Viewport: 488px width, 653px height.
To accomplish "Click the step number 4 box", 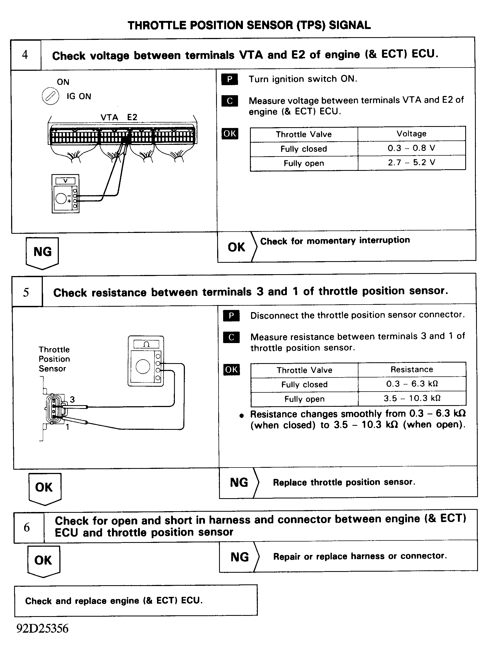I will (x=25, y=55).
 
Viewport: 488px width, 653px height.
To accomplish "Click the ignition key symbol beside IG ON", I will (x=50, y=96).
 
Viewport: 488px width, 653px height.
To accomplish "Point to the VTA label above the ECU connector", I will (x=109, y=117).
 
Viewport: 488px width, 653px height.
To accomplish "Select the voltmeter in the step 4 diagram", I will (x=65, y=194).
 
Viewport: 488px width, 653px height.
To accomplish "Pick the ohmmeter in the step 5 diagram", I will (x=146, y=361).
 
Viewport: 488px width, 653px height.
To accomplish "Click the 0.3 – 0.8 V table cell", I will (x=411, y=148).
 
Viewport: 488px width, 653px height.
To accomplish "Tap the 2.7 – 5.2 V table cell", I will (x=411, y=163).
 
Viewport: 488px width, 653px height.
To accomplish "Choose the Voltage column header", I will (x=411, y=134).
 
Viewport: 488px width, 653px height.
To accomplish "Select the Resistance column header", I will (x=412, y=370).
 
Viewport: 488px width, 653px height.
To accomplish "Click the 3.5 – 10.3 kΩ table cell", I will (x=412, y=399).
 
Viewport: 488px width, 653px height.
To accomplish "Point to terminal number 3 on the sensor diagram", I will (x=72, y=400).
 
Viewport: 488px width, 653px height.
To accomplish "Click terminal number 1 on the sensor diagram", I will (x=68, y=427).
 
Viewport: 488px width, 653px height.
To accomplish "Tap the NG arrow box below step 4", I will (x=42, y=252).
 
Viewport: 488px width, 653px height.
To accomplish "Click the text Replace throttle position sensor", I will (x=344, y=482).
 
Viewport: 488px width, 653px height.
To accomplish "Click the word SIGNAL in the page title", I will (x=349, y=25).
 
